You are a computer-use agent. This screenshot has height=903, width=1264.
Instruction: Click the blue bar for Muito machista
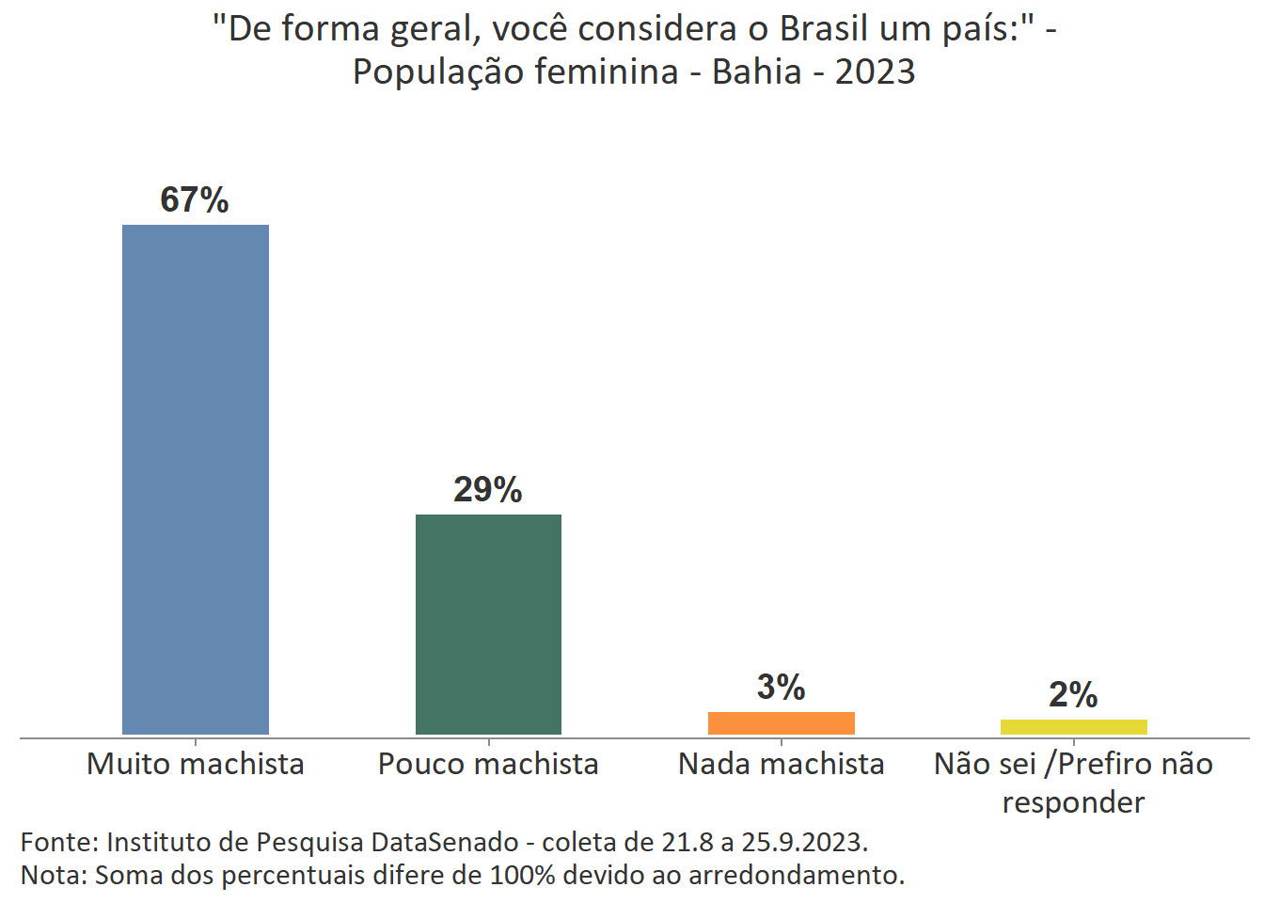pyautogui.click(x=196, y=480)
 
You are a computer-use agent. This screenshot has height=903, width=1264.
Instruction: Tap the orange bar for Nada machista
pyautogui.click(x=781, y=723)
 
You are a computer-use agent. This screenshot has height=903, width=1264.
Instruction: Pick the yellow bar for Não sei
pyautogui.click(x=1073, y=727)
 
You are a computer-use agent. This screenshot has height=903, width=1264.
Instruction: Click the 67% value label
pyautogui.click(x=195, y=200)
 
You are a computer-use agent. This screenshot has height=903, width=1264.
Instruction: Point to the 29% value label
pyautogui.click(x=488, y=490)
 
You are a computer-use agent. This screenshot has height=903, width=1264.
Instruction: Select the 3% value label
pyautogui.click(x=781, y=688)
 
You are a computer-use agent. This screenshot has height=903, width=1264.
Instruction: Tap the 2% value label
pyautogui.click(x=1073, y=695)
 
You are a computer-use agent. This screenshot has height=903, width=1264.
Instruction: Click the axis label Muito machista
pyautogui.click(x=196, y=764)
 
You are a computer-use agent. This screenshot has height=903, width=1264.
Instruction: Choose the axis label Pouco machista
pyautogui.click(x=488, y=764)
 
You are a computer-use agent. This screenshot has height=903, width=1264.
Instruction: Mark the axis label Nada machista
pyautogui.click(x=781, y=764)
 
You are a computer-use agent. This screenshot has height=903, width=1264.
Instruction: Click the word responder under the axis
pyautogui.click(x=1073, y=802)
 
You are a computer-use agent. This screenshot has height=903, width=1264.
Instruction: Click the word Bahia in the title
pyautogui.click(x=757, y=71)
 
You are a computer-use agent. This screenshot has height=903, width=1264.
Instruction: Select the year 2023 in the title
pyautogui.click(x=875, y=71)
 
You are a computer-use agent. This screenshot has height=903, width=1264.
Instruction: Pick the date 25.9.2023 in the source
pyautogui.click(x=803, y=841)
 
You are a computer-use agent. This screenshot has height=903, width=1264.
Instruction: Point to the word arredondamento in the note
pyautogui.click(x=796, y=875)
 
